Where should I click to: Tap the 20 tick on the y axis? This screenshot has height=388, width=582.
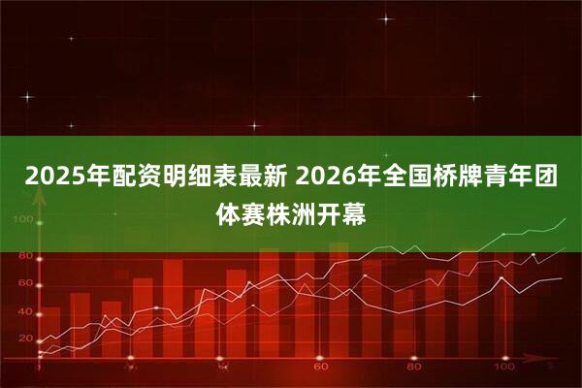(24, 338)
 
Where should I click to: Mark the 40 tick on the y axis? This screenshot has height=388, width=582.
(24, 310)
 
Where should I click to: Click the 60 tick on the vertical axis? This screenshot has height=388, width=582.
(24, 282)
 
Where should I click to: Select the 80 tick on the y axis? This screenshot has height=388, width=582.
(24, 255)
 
